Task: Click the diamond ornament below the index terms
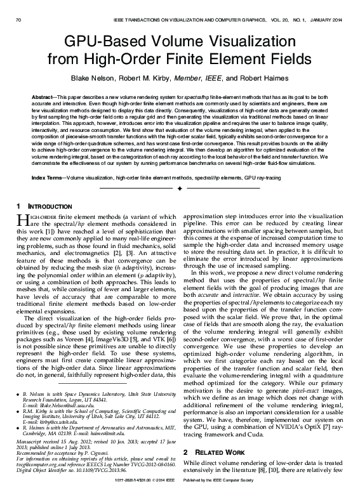[180, 188]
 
